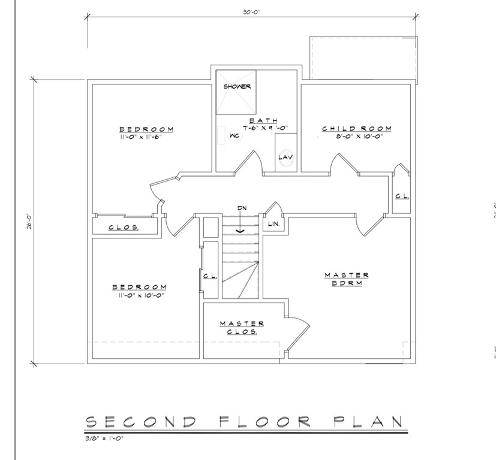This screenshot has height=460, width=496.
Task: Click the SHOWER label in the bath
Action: click(x=238, y=86)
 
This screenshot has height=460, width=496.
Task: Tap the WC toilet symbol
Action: click(x=235, y=135)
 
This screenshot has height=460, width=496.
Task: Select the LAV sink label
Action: click(x=285, y=157)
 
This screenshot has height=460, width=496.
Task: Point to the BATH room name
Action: click(x=263, y=120)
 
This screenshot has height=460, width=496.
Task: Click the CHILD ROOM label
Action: click(x=357, y=129)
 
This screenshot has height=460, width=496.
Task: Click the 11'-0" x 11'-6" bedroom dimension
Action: click(x=139, y=137)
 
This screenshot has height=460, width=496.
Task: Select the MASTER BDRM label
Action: click(x=347, y=279)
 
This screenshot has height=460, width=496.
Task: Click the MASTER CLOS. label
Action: click(x=242, y=328)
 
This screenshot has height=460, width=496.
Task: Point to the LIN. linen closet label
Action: click(x=273, y=224)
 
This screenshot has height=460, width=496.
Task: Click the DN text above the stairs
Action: click(x=242, y=208)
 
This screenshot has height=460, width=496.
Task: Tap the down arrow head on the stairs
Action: click(x=241, y=231)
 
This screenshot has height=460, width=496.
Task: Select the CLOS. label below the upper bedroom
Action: click(x=124, y=227)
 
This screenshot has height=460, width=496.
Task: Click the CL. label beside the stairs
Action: click(x=211, y=276)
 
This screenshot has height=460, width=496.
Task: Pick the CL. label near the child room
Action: click(x=402, y=196)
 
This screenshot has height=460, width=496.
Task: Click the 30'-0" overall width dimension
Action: click(x=251, y=12)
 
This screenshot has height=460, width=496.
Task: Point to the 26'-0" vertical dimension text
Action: click(x=30, y=222)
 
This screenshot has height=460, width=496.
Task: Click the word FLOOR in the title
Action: click(x=265, y=422)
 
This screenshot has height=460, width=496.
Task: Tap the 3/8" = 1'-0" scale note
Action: click(x=104, y=438)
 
